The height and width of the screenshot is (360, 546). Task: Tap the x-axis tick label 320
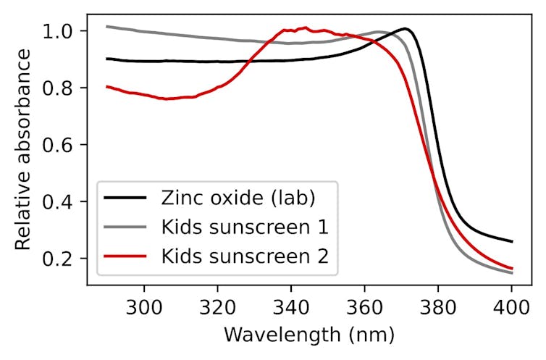217,305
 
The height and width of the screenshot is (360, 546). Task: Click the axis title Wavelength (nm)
309,335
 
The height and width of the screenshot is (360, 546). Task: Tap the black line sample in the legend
126,196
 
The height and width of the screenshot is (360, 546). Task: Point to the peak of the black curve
406,29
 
